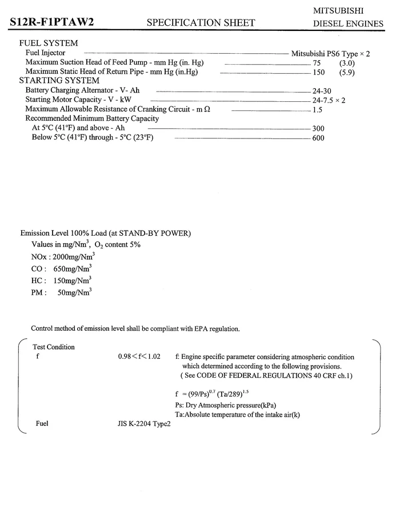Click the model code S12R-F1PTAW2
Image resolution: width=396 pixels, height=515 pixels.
point(51,22)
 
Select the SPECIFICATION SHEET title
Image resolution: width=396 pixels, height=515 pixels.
point(201,23)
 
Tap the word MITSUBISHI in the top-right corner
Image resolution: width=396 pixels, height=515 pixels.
point(339,11)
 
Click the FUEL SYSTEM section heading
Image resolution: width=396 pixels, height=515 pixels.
point(49,43)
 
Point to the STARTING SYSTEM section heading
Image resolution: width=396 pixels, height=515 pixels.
point(59,81)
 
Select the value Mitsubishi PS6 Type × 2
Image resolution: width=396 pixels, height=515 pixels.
point(331,54)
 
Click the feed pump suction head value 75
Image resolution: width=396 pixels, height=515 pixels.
point(317,63)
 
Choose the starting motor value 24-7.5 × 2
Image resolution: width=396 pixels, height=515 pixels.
point(329,100)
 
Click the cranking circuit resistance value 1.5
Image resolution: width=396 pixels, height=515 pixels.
point(318,110)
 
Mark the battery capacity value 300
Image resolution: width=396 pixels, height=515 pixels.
point(318,129)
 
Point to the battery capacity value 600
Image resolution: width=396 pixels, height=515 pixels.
point(318,138)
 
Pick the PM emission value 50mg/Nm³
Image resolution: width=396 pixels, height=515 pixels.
point(75,292)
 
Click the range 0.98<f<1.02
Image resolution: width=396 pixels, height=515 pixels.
point(139,356)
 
